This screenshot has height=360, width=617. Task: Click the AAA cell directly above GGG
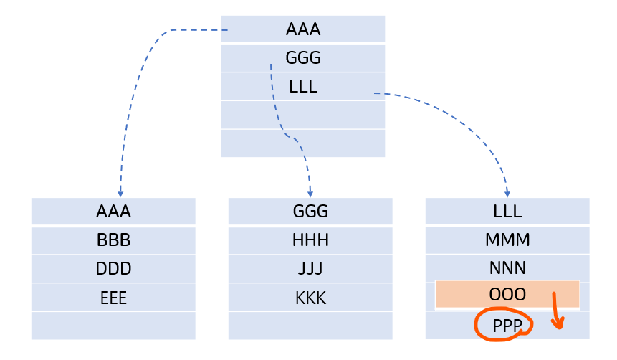click(302, 29)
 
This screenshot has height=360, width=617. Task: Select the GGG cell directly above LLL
click(302, 58)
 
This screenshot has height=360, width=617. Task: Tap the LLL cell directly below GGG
click(302, 87)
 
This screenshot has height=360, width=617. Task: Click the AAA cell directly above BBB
click(113, 212)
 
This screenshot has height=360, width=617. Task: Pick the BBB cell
click(113, 240)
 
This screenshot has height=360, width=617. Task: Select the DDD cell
click(113, 269)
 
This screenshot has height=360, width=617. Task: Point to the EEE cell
click(113, 298)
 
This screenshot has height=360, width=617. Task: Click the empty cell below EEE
click(113, 326)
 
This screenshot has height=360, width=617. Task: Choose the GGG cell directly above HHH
click(310, 212)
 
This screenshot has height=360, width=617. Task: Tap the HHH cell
click(310, 240)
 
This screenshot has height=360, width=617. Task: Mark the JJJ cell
click(310, 269)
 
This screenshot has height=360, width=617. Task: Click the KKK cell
click(310, 298)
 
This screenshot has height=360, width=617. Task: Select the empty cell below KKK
click(310, 326)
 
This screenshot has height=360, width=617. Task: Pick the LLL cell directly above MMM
click(507, 212)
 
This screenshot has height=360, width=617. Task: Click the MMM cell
click(507, 240)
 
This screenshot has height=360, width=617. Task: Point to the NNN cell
click(507, 268)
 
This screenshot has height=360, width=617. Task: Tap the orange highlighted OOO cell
click(507, 295)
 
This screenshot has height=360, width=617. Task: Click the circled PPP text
click(507, 326)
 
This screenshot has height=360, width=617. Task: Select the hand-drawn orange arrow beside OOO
click(557, 313)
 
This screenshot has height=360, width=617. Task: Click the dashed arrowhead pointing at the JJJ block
click(310, 194)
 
